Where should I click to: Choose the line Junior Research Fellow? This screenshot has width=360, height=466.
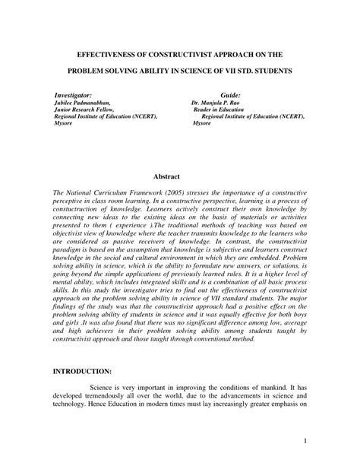tap(84, 108)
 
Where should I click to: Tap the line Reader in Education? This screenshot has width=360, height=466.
tap(222, 108)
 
